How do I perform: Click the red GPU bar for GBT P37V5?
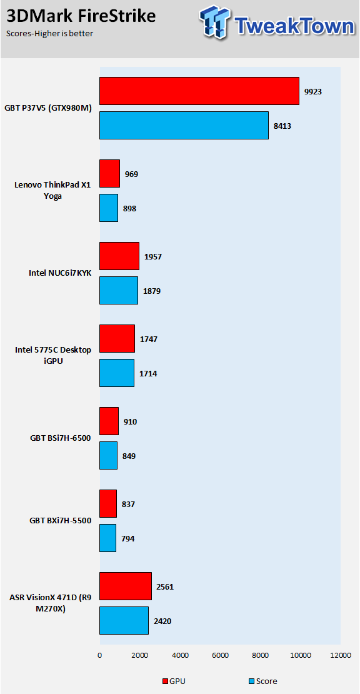tap(199, 91)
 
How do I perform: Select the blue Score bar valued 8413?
tap(184, 125)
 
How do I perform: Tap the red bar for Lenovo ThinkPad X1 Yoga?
tap(109, 174)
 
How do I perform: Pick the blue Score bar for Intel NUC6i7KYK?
tap(119, 290)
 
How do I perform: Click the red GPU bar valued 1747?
tap(117, 339)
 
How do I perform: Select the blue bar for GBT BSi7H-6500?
tap(108, 455)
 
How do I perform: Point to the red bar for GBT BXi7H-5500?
tap(108, 504)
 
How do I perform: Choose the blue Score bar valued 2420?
tap(124, 620)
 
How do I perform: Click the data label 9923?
tap(312, 92)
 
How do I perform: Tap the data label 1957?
tap(152, 257)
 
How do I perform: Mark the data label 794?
tap(128, 539)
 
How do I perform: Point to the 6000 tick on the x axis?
tap(220, 655)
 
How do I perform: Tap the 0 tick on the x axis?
tap(99, 655)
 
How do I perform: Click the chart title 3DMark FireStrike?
tap(81, 16)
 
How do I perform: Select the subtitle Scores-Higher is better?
tap(49, 34)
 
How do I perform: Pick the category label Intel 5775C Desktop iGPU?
tap(53, 355)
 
